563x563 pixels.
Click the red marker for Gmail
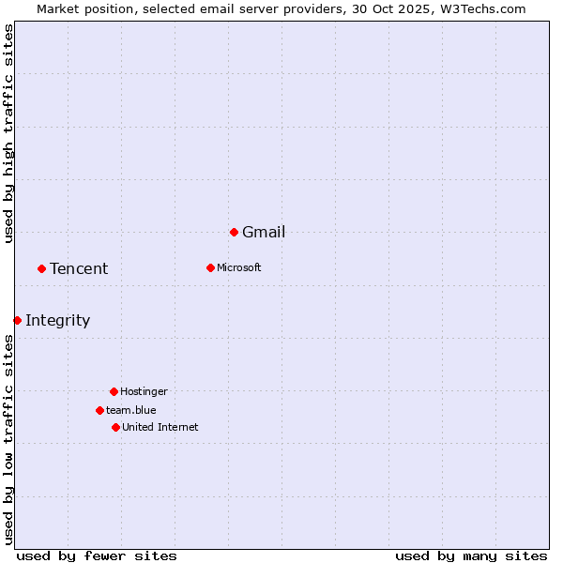point(234,232)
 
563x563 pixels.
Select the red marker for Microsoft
point(210,267)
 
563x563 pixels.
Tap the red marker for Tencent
point(41,268)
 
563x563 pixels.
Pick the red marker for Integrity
point(17,320)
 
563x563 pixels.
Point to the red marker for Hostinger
point(114,391)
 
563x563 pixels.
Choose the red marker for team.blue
point(99,410)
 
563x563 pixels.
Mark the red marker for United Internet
point(115,427)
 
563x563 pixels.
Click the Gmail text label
point(264,233)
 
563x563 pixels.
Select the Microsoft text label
point(238,268)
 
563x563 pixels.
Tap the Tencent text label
point(79,269)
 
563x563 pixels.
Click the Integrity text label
point(57,321)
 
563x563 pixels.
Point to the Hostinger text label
point(144,392)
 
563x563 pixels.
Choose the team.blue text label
point(131,411)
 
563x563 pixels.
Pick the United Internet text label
point(160,428)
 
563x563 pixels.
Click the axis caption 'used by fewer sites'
point(97,555)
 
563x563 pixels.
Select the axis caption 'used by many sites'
point(471,555)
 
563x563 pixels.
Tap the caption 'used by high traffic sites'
point(9,133)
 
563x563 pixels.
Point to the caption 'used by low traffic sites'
point(9,439)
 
